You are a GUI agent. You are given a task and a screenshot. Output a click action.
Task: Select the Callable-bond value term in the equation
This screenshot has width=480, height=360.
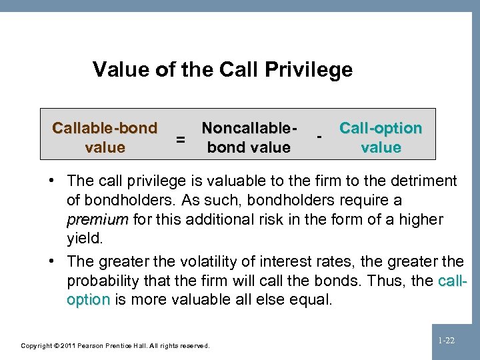tap(105, 137)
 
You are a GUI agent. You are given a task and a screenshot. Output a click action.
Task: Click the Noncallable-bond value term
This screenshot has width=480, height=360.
tap(249, 137)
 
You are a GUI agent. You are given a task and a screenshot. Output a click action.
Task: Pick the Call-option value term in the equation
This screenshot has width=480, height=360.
tap(381, 137)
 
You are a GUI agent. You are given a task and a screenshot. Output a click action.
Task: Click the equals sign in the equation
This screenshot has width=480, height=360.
tap(179, 139)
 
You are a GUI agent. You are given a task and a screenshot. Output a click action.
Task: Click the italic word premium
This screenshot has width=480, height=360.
tap(97, 219)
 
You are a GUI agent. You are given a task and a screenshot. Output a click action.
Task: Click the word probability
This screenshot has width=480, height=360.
tap(102, 281)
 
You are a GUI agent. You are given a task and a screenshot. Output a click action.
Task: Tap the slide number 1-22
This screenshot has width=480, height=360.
tap(446, 341)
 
